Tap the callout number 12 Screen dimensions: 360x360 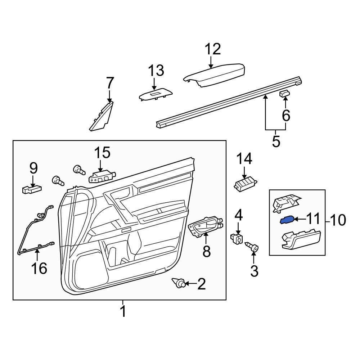pyautogui.click(x=213, y=49)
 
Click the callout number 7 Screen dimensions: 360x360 pyautogui.click(x=109, y=84)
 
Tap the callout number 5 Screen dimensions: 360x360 pyautogui.click(x=276, y=141)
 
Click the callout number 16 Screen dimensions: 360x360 pyautogui.click(x=39, y=268)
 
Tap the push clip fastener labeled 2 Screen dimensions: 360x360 pyautogui.click(x=180, y=284)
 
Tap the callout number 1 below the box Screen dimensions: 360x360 pyautogui.click(x=123, y=311)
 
